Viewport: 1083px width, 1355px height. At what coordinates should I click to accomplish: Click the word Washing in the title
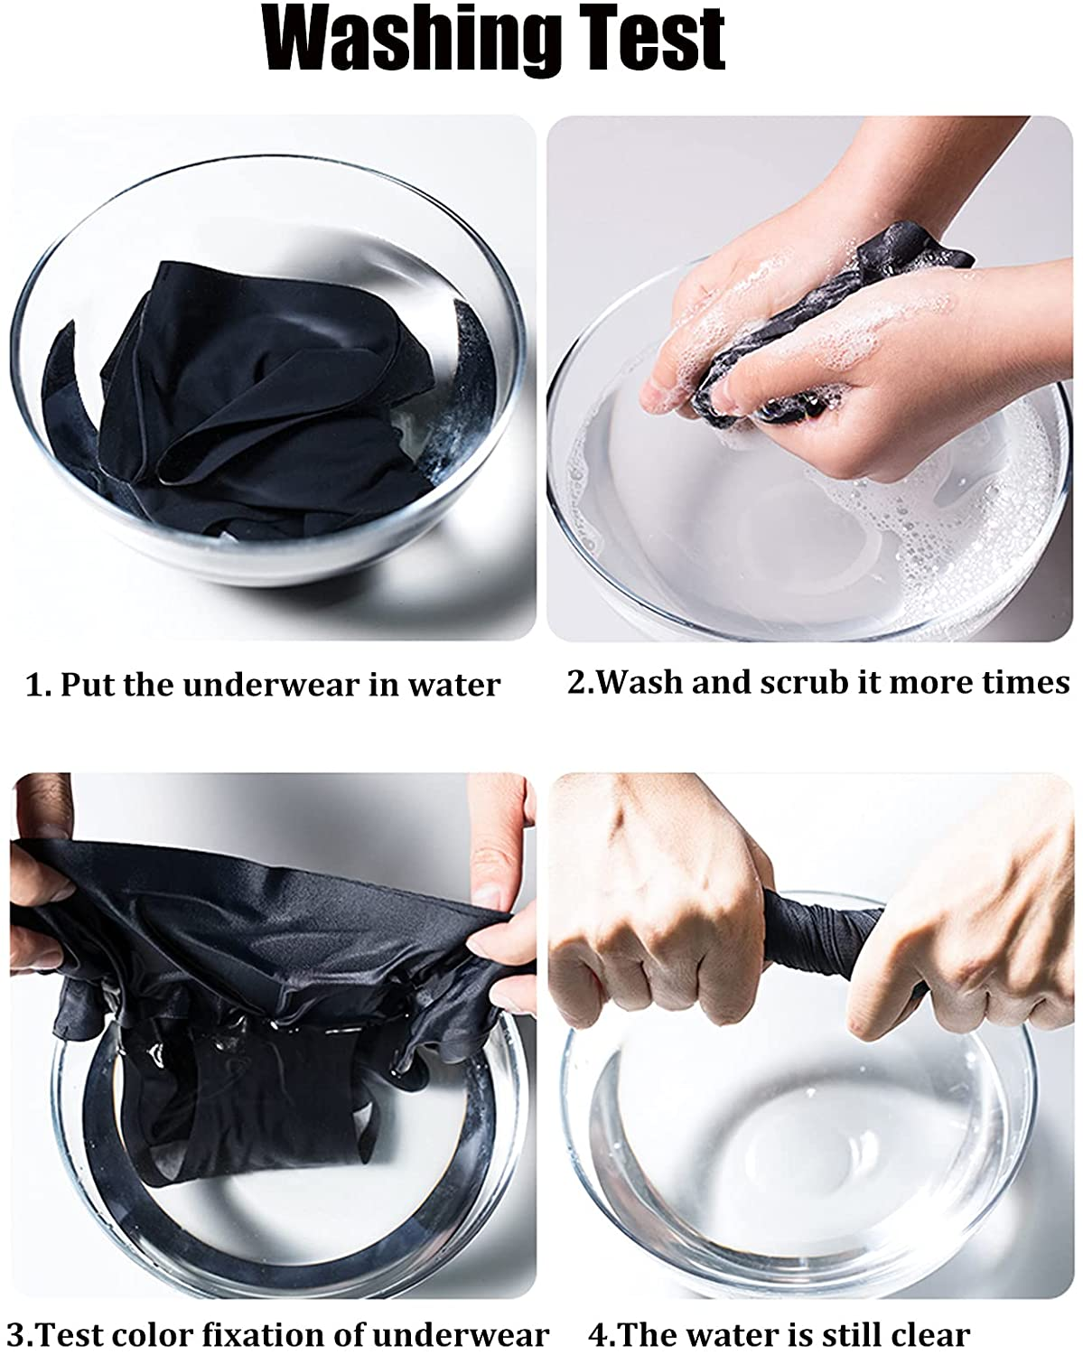coord(410,39)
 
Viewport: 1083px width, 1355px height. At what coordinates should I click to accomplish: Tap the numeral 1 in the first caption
coord(37,685)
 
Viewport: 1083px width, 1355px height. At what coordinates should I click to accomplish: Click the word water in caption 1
coord(453,685)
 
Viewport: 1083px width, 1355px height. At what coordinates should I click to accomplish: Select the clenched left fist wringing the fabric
coord(655,907)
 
